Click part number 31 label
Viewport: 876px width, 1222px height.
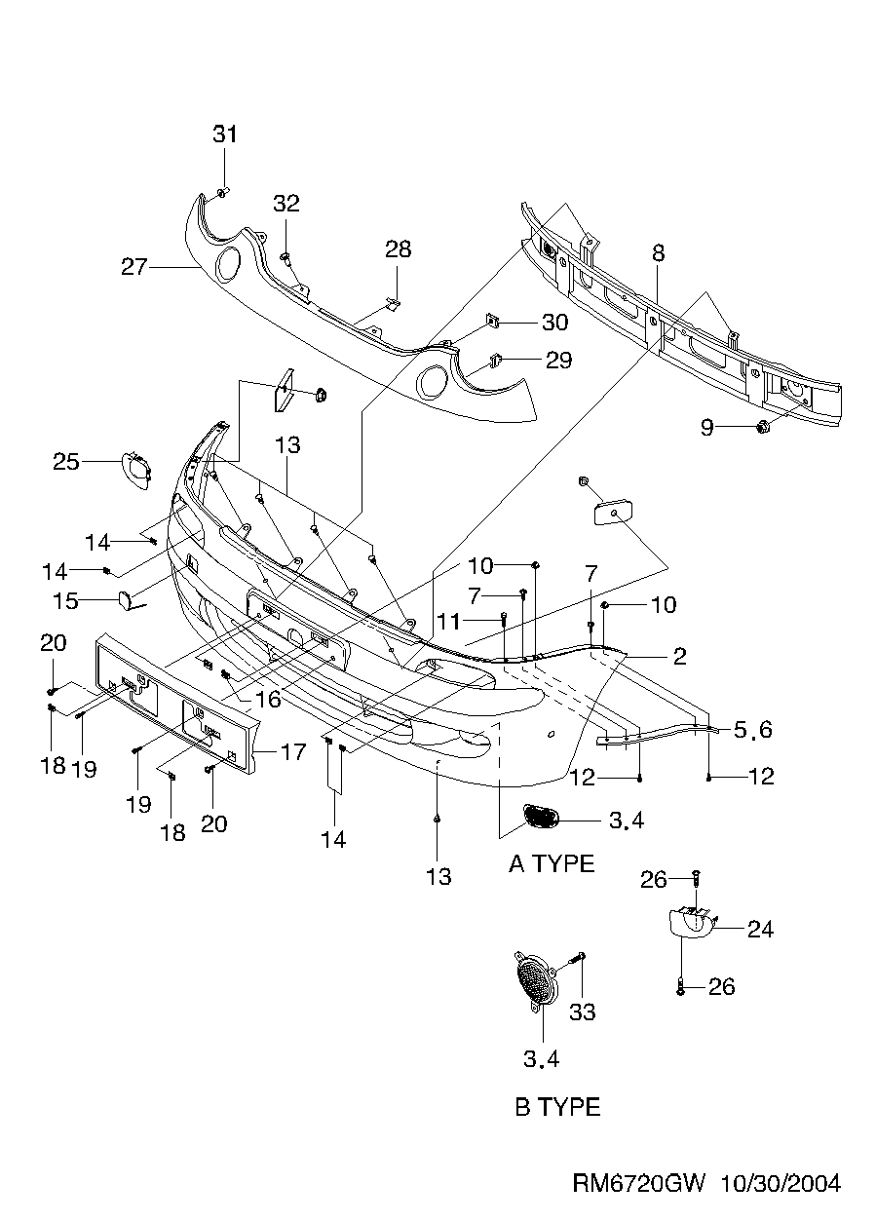tap(225, 134)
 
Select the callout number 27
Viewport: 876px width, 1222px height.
tap(133, 265)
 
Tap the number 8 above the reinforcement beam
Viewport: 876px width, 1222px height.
tap(659, 253)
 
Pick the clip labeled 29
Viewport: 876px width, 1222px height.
tap(494, 360)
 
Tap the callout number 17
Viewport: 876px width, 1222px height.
tap(292, 751)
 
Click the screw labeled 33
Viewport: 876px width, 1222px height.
tap(580, 966)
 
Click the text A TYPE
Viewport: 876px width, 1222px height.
tap(552, 863)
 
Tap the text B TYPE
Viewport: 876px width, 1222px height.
tap(557, 1107)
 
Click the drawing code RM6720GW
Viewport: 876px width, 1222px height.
tap(638, 1183)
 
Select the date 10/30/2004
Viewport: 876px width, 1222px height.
tap(780, 1183)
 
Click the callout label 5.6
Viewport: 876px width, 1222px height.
tap(754, 729)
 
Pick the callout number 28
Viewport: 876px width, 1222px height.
tap(398, 249)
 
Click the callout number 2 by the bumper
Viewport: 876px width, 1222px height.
tap(679, 656)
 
